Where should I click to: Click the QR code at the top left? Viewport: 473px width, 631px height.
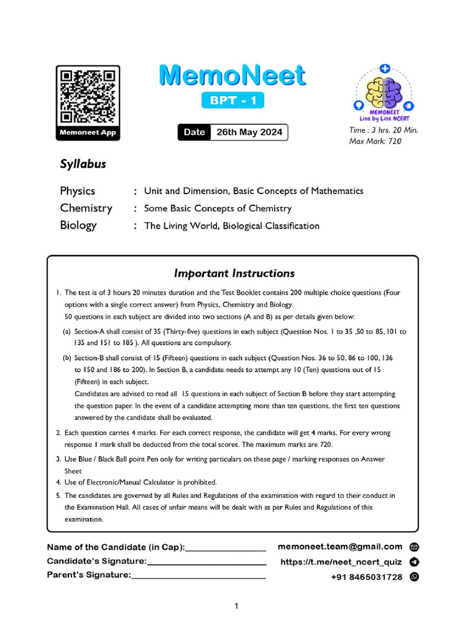coord(87,96)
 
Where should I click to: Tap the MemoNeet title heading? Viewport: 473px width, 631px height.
coord(232,76)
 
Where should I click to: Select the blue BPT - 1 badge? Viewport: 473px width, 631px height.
coord(233,100)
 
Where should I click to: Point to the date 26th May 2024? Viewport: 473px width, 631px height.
coord(249,132)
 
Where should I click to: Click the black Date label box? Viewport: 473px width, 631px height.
coord(194,132)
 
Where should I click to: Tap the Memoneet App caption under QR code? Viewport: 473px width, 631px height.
coord(87,132)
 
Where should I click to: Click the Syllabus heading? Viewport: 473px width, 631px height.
coord(83,165)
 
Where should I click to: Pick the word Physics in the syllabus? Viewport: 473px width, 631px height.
coord(78,191)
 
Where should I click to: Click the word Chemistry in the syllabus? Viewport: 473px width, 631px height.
coord(86,208)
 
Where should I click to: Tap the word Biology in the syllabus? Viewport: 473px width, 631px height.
coord(78,225)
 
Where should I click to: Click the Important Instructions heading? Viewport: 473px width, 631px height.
coord(234,273)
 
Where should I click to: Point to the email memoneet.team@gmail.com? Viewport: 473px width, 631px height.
coord(340,547)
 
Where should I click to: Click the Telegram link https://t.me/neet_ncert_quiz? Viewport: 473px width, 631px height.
coord(341,562)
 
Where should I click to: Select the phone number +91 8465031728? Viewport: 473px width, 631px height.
coord(366,577)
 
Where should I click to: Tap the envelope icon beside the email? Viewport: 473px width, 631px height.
coord(414,547)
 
